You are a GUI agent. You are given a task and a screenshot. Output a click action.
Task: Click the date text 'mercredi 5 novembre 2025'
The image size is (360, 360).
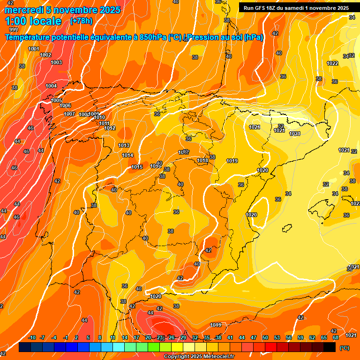tap(63, 10)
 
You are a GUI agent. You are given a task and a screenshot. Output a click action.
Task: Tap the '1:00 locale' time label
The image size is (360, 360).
tap(34, 21)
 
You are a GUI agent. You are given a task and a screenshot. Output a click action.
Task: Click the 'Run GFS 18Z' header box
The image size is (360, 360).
tap(296, 7)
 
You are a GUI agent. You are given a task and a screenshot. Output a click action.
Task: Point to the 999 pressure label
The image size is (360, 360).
tap(14, 30)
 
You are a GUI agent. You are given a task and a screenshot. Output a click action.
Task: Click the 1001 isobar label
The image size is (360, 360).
tap(34, 49)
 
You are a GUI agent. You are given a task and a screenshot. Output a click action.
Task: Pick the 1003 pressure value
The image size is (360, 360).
tap(56, 62)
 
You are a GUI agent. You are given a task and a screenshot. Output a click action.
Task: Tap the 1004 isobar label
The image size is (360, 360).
tap(51, 86)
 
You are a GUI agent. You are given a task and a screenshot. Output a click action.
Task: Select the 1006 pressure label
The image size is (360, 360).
tap(66, 105)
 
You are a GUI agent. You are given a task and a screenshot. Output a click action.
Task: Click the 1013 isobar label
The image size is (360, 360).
tap(124, 145)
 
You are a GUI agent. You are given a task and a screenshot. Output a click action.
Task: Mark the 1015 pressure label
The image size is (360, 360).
tap(137, 167)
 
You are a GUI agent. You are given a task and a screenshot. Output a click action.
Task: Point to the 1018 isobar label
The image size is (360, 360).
tap(202, 160)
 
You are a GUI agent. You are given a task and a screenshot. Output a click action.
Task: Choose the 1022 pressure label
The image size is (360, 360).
tap(332, 63)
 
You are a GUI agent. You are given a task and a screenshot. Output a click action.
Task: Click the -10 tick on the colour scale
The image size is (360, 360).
tap(32, 337)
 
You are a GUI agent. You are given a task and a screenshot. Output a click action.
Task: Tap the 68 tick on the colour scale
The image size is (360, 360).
tap(336, 337)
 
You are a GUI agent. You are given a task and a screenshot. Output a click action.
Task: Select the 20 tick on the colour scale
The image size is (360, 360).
tap(148, 337)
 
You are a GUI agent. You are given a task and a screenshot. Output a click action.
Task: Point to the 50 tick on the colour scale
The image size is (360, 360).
tap(265, 337)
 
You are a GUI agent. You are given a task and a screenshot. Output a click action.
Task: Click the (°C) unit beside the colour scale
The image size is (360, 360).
tap(345, 348)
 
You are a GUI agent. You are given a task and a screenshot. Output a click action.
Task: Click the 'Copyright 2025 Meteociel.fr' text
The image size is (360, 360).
tap(199, 357)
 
